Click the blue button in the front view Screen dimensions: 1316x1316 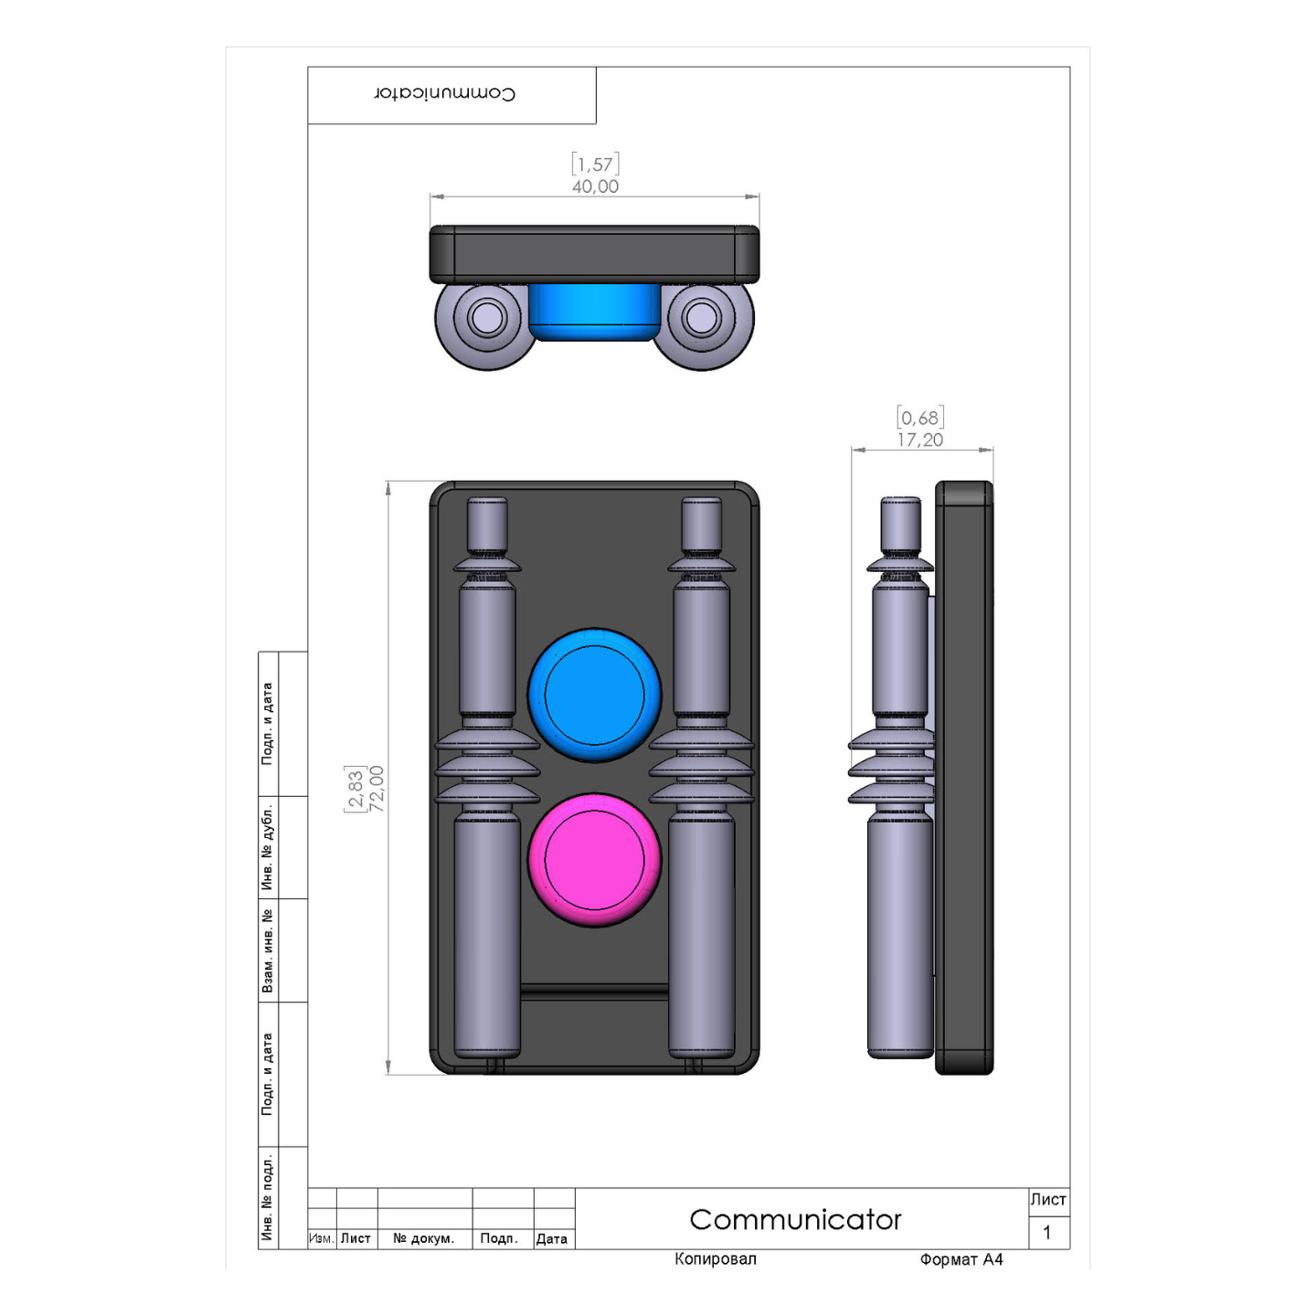tap(594, 695)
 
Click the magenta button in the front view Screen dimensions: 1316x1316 tap(594, 859)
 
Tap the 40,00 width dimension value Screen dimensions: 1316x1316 tap(595, 186)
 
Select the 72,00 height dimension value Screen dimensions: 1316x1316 tap(377, 788)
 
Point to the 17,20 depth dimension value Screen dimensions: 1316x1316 tap(919, 440)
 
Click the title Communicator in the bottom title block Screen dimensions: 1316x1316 tap(795, 1219)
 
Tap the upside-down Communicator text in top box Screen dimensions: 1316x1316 tap(445, 93)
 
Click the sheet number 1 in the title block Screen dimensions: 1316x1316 tap(1047, 1232)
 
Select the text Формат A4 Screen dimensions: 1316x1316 tap(960, 1259)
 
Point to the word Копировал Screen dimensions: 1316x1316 tap(715, 1259)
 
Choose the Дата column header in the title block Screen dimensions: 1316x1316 tap(552, 1238)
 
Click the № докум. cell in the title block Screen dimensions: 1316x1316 tap(423, 1238)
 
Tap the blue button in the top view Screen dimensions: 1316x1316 tap(594, 312)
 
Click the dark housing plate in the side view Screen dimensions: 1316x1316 tap(965, 777)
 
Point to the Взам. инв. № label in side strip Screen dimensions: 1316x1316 tap(268, 950)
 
